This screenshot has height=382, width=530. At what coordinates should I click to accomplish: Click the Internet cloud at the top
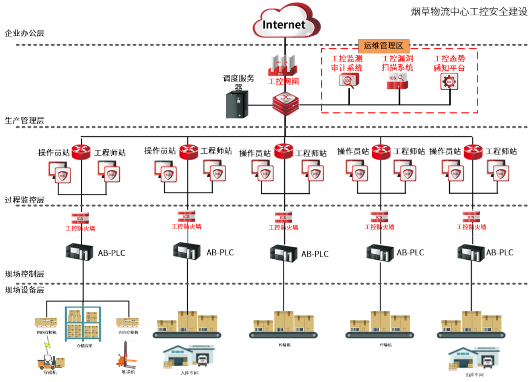click(x=285, y=22)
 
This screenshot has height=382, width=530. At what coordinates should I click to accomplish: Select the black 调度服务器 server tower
click(x=237, y=104)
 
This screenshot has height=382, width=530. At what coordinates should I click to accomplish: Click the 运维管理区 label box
click(x=383, y=46)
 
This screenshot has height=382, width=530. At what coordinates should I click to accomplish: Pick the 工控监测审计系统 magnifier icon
click(x=349, y=81)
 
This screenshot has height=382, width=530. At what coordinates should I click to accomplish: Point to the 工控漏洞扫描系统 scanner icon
click(x=398, y=81)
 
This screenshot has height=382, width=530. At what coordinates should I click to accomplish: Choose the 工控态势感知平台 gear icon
click(x=449, y=82)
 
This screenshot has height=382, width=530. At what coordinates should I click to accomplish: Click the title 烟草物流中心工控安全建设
click(x=469, y=12)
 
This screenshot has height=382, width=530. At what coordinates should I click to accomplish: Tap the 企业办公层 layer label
click(x=24, y=33)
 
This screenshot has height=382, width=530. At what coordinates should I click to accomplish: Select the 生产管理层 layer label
click(x=24, y=120)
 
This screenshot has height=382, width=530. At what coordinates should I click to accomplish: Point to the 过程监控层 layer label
click(x=24, y=200)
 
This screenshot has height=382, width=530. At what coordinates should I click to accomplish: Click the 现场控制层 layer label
click(x=24, y=274)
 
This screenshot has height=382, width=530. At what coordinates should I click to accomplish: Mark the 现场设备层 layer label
click(x=24, y=289)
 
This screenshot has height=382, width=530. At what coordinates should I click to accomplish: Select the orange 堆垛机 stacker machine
click(x=127, y=355)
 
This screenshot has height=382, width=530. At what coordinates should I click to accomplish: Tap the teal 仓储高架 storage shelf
click(x=83, y=324)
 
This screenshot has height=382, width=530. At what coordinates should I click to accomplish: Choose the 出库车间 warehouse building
click(x=474, y=358)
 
